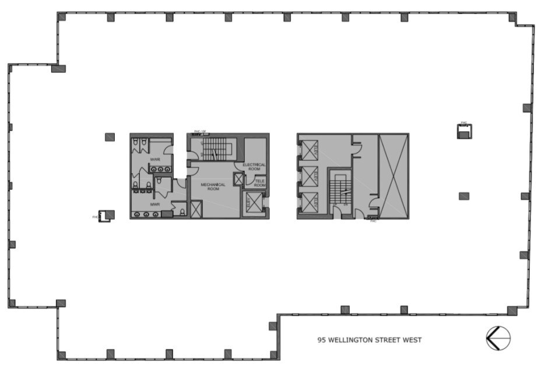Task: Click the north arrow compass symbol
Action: [x=498, y=338]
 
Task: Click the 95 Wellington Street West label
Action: [x=369, y=340]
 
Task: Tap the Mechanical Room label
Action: [x=213, y=187]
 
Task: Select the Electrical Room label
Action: [x=254, y=167]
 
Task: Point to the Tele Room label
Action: [x=259, y=183]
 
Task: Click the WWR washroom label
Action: [x=154, y=158]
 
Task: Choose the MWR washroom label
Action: [x=155, y=205]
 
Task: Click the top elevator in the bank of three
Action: [x=308, y=150]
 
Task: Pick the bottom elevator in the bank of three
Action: [x=308, y=203]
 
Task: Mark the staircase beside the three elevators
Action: [x=342, y=189]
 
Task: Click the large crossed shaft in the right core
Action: [x=394, y=175]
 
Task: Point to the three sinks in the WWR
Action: [x=159, y=169]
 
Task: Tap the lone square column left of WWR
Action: [x=110, y=137]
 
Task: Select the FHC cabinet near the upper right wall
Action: [x=464, y=132]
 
